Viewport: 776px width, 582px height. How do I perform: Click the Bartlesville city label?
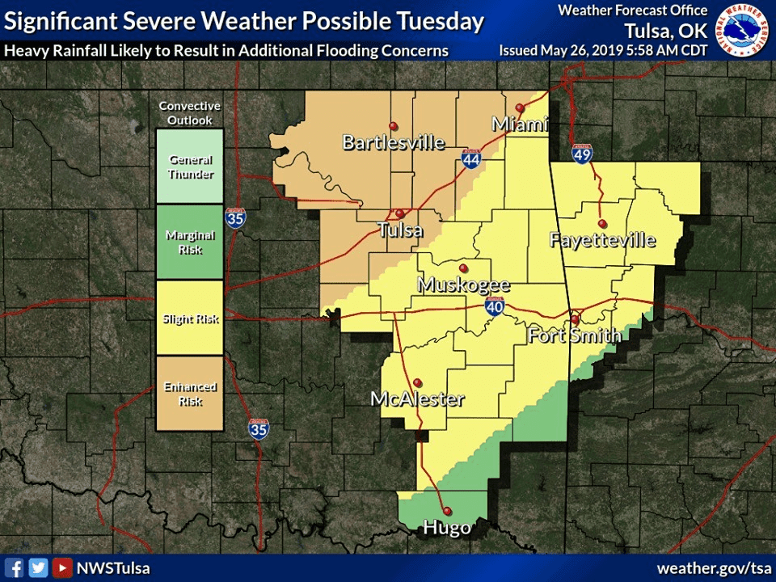click(x=394, y=143)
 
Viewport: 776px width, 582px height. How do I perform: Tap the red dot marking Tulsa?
click(x=399, y=213)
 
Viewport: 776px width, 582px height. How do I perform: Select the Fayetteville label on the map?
click(x=602, y=240)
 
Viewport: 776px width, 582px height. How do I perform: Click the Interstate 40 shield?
click(x=496, y=307)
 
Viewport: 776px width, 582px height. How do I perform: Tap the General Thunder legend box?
click(x=190, y=167)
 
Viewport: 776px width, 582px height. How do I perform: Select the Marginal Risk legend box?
click(x=190, y=242)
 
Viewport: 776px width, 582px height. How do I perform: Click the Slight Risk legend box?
click(x=190, y=318)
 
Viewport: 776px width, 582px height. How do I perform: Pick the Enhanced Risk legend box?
click(x=190, y=394)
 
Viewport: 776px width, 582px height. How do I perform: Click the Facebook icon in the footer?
click(x=15, y=567)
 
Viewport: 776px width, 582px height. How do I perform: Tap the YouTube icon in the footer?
click(x=61, y=567)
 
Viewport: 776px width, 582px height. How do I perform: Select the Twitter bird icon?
click(x=38, y=567)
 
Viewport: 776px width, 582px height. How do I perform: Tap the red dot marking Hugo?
click(x=447, y=511)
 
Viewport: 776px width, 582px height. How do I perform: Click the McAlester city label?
click(x=417, y=399)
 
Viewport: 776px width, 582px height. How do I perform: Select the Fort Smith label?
click(x=575, y=335)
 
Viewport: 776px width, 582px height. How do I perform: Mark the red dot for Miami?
click(x=520, y=108)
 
